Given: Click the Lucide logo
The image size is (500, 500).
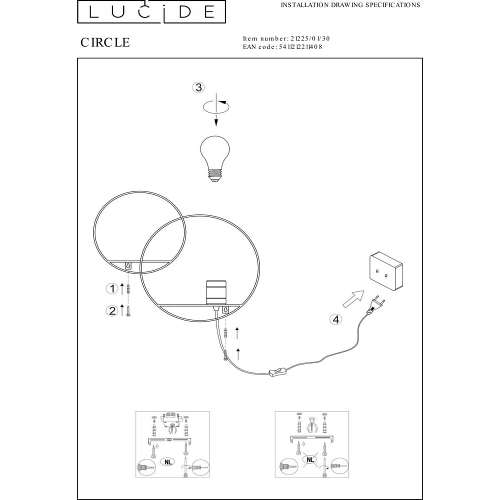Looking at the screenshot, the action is click(x=151, y=12).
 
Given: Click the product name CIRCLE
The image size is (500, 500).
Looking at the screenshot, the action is click(x=105, y=42).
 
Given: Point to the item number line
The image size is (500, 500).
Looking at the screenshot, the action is click(x=286, y=38).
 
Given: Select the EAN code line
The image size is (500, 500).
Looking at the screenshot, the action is click(x=282, y=47).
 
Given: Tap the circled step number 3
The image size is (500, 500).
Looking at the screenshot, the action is click(x=198, y=87).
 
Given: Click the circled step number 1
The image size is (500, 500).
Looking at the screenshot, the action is click(x=112, y=289).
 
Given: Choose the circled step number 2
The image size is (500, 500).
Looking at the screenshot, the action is click(x=112, y=310).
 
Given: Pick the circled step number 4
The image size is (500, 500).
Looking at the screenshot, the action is click(x=336, y=319).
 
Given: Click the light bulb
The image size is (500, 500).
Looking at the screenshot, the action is click(x=215, y=158).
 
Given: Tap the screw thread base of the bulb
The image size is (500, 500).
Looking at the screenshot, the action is click(x=215, y=175).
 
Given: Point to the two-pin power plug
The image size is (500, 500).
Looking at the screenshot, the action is click(x=376, y=304).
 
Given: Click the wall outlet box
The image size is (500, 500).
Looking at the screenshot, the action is click(x=386, y=271).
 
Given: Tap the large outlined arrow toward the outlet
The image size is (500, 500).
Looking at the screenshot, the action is click(x=353, y=299).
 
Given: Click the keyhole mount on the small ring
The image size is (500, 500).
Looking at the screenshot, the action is click(x=128, y=265).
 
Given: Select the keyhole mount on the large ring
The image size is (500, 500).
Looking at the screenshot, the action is click(x=225, y=309).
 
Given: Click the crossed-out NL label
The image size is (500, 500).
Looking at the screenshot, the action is click(x=310, y=459).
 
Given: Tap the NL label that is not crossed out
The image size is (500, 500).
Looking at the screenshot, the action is click(x=168, y=461).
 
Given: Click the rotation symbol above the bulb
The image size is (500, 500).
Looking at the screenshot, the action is click(x=216, y=106).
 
